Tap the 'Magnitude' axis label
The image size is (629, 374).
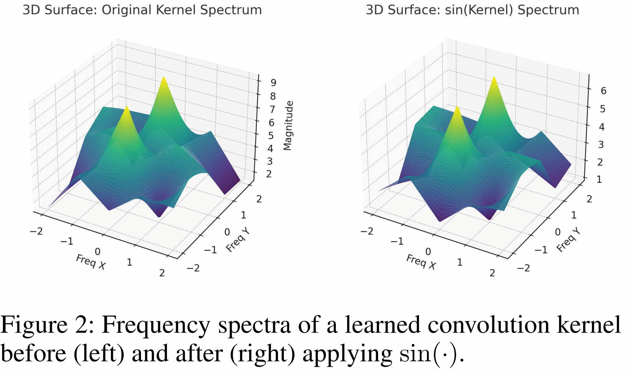pyautogui.click(x=288, y=126)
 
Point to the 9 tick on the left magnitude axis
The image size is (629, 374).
pyautogui.click(x=273, y=83)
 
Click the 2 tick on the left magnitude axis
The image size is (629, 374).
pyautogui.click(x=269, y=174)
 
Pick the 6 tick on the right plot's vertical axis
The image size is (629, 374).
pyautogui.click(x=603, y=91)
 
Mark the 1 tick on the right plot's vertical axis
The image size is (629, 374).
pyautogui.click(x=599, y=180)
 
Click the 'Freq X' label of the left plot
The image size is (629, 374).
pyautogui.click(x=91, y=262)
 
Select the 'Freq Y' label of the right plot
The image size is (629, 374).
pyautogui.click(x=568, y=240)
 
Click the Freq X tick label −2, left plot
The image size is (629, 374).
pyautogui.click(x=36, y=231)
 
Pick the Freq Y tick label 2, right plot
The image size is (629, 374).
pyautogui.click(x=589, y=199)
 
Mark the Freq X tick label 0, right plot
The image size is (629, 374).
pyautogui.click(x=428, y=252)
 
